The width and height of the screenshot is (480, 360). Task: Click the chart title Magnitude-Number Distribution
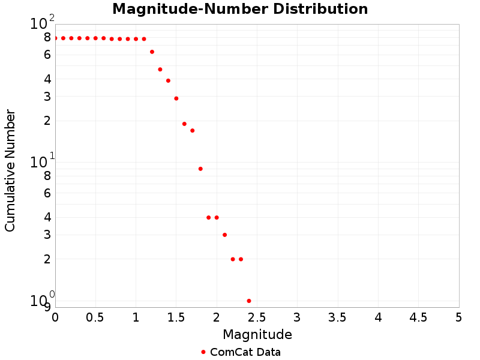pos(240,10)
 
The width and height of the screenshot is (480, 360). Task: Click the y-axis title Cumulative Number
pos(10,170)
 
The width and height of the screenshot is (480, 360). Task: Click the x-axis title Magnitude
pos(257,334)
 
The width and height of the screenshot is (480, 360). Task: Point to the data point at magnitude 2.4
pos(249,301)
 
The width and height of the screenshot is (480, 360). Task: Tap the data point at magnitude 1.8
pos(200,169)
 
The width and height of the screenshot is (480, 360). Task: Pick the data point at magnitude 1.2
pos(152,52)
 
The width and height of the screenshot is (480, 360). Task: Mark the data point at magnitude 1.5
pos(176,98)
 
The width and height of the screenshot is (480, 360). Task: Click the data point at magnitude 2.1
pos(224,235)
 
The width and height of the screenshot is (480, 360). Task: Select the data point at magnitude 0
pos(55,38)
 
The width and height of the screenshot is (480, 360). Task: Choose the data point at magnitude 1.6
pos(184,124)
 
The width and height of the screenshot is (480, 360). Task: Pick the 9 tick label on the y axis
pos(47,307)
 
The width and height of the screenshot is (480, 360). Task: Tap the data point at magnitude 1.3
pos(160,69)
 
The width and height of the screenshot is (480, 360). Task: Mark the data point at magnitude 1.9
pos(209,217)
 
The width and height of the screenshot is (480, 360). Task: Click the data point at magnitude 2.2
pos(233,259)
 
